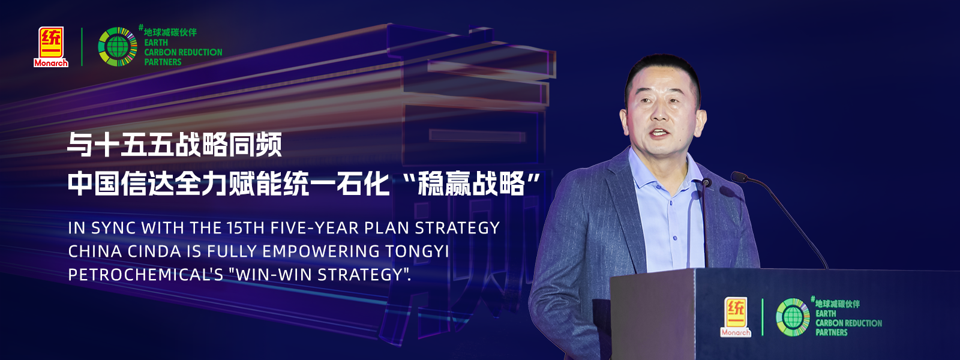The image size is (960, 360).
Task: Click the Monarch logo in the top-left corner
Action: (51, 47)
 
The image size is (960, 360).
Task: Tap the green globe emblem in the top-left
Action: (118, 47)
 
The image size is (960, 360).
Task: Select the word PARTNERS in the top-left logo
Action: (163, 62)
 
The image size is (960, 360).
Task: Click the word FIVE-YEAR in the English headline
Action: (315, 228)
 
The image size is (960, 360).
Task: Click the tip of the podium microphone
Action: (738, 176)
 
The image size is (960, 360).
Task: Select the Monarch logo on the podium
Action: (736, 317)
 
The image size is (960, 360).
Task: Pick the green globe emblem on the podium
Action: (793, 317)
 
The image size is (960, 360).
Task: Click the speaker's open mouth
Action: (659, 133)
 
